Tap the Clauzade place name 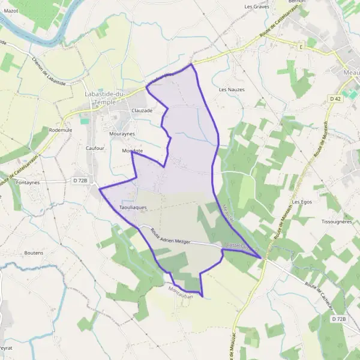[x=142, y=110]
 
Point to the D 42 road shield [x=335, y=98]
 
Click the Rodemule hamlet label [x=60, y=130]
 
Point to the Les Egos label [x=303, y=202]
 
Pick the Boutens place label [x=34, y=253]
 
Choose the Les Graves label [x=256, y=7]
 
